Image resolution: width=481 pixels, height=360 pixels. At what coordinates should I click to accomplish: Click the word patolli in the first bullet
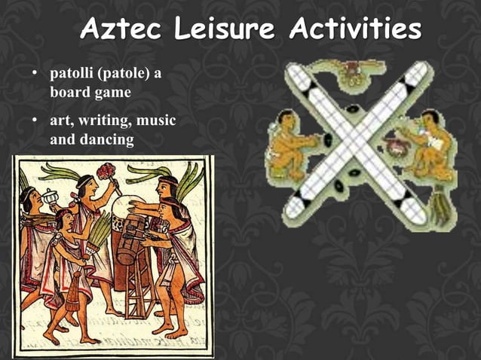coord(70,75)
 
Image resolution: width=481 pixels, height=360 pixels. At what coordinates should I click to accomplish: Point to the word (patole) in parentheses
coord(121,75)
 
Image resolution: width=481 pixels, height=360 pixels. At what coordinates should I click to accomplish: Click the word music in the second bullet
coord(161,121)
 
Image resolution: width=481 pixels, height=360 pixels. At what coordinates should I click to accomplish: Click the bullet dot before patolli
coord(34,75)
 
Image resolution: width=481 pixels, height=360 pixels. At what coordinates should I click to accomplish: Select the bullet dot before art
coord(34,121)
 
